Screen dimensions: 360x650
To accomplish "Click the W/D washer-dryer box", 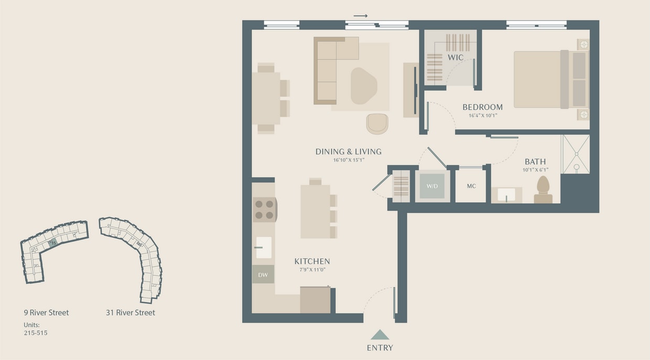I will pyautogui.click(x=432, y=186).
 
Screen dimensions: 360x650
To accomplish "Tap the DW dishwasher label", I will pyautogui.click(x=263, y=274).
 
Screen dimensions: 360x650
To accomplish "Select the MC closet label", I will pyautogui.click(x=471, y=186).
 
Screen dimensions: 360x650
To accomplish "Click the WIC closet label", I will pyautogui.click(x=456, y=57).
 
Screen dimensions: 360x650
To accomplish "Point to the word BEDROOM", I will pyautogui.click(x=482, y=107).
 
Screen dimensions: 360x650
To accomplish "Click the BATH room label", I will pyautogui.click(x=535, y=161).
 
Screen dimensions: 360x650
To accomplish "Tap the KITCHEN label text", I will pyautogui.click(x=312, y=261).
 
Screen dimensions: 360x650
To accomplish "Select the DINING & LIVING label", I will pyautogui.click(x=348, y=151).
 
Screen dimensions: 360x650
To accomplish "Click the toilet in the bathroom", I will pyautogui.click(x=543, y=189).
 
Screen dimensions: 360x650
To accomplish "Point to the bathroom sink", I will pyautogui.click(x=507, y=195).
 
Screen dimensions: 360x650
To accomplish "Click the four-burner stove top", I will pyautogui.click(x=265, y=209).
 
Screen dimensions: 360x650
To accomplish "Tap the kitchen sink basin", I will pyautogui.click(x=263, y=247).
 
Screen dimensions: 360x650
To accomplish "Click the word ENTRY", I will pyautogui.click(x=380, y=347).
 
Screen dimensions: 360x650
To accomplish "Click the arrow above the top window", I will pyautogui.click(x=361, y=16).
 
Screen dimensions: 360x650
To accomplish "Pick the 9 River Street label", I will pyautogui.click(x=46, y=313).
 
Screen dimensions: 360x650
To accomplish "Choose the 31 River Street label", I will pyautogui.click(x=131, y=313).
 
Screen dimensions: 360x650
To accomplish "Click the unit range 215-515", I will pyautogui.click(x=36, y=333).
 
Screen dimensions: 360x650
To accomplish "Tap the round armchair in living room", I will pyautogui.click(x=377, y=124).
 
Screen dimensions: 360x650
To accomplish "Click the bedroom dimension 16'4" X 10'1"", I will pyautogui.click(x=482, y=116).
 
